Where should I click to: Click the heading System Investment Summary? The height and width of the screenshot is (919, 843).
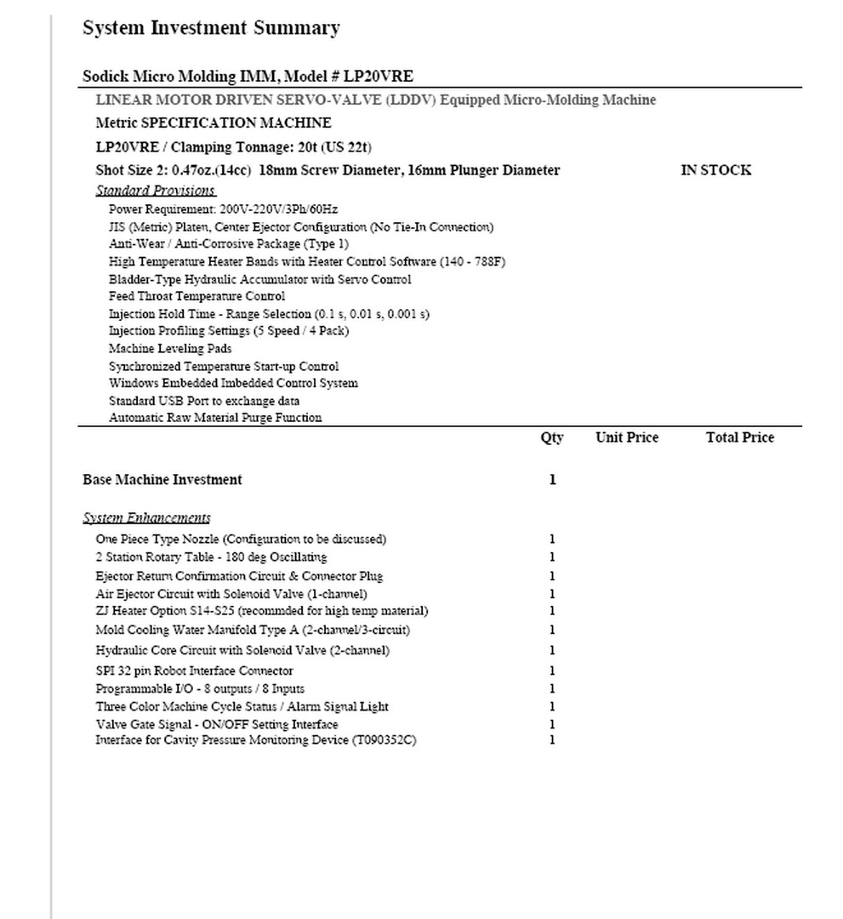[211, 28]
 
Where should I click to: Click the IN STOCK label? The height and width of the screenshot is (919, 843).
[715, 170]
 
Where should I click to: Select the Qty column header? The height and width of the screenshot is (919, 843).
[551, 438]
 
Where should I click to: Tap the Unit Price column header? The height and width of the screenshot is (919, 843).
[626, 438]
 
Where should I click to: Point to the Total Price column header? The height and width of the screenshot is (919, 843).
[739, 438]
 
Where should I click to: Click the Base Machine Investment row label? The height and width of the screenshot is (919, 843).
[162, 480]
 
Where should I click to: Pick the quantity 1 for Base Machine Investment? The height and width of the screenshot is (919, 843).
[552, 480]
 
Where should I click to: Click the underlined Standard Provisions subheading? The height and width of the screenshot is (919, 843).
[156, 191]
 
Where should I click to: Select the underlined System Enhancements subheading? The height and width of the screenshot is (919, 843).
[146, 517]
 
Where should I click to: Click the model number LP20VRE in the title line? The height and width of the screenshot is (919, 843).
[379, 76]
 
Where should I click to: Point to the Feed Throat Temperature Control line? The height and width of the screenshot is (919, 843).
[197, 297]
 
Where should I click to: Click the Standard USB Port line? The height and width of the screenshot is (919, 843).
[204, 401]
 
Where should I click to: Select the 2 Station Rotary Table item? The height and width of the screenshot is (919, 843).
[211, 557]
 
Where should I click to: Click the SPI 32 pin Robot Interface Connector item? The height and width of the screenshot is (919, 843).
[194, 671]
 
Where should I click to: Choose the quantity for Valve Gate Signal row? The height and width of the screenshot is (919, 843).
[552, 724]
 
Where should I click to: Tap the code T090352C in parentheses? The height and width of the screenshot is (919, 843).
[383, 740]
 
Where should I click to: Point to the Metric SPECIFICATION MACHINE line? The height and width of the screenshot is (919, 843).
[214, 123]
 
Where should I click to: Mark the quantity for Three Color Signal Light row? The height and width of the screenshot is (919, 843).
[552, 706]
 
